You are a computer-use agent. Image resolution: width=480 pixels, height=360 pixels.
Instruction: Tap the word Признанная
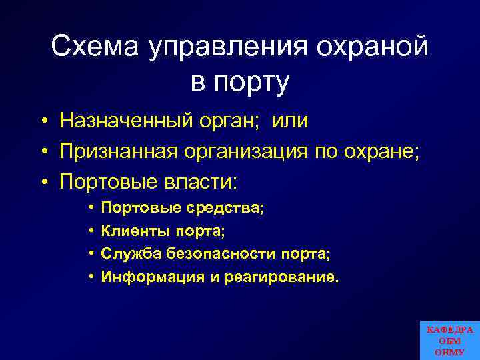point(118,151)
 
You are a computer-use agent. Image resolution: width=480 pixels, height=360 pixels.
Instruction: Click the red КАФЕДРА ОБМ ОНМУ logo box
point(449,341)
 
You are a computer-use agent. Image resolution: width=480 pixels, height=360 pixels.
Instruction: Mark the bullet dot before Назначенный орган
point(43,121)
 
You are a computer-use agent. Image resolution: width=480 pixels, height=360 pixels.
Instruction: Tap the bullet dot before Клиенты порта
point(89,232)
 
